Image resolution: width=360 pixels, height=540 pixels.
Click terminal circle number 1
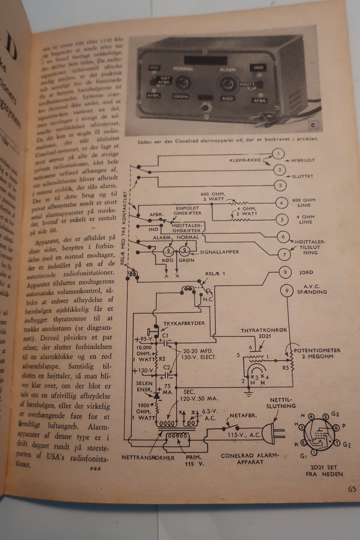tap(278, 154)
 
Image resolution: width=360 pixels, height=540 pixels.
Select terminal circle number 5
tap(282, 220)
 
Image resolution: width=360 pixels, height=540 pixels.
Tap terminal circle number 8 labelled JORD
tap(285, 272)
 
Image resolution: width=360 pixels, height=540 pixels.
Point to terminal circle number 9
tap(286, 291)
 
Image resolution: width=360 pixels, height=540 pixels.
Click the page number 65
tap(351, 489)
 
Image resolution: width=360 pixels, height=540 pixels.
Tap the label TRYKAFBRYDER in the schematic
tap(184, 323)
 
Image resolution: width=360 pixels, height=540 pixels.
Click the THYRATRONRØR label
tap(264, 330)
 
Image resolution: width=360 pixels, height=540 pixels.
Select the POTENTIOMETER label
tap(317, 350)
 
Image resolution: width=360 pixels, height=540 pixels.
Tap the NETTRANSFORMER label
tap(148, 458)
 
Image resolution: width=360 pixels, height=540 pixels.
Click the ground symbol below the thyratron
tap(248, 393)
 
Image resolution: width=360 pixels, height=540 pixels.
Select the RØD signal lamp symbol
tap(169, 250)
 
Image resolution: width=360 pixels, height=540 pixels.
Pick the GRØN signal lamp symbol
tap(184, 250)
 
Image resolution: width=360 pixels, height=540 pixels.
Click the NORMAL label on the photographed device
tap(183, 69)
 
